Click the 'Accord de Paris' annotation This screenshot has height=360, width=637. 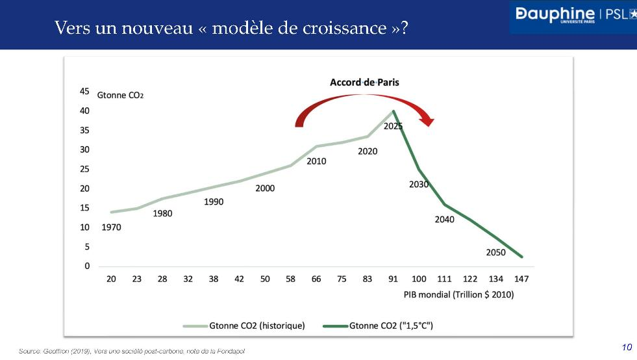(x=364, y=82)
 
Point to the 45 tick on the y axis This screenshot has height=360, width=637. (x=85, y=92)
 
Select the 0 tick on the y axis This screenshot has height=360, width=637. (x=87, y=266)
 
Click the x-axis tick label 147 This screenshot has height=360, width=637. (x=521, y=279)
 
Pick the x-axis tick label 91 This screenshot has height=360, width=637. (x=393, y=279)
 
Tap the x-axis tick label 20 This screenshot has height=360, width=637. (x=111, y=279)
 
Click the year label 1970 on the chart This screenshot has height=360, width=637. (x=111, y=227)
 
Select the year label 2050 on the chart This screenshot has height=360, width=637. (x=496, y=252)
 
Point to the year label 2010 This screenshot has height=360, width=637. (x=316, y=161)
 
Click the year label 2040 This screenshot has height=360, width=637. (x=445, y=219)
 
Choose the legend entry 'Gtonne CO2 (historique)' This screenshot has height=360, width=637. (x=256, y=325)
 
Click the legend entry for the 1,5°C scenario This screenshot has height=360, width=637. (x=391, y=325)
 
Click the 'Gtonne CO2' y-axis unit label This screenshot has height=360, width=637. (x=120, y=95)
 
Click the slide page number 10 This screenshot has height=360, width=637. (x=627, y=347)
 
